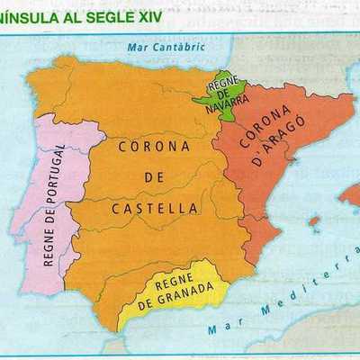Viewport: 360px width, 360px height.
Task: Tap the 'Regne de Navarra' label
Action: click(221, 94)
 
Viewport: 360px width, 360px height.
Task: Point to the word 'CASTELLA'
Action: click(155, 208)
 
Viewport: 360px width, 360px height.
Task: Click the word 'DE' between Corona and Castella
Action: click(154, 176)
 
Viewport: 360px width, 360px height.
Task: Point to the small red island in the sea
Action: click(313, 220)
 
